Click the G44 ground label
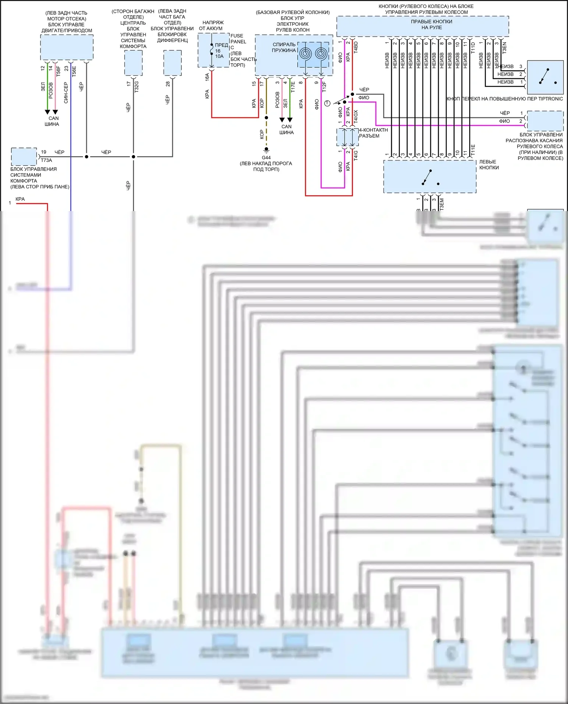[266, 158]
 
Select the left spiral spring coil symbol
[306, 53]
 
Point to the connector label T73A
[46, 160]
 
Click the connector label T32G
[137, 87]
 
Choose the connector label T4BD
[356, 47]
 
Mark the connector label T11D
[473, 47]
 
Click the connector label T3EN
[504, 47]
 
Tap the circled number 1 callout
[328, 103]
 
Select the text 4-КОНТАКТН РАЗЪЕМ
[373, 133]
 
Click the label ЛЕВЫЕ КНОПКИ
[489, 165]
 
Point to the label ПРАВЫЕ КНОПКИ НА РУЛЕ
[431, 25]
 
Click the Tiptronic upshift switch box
[545, 77]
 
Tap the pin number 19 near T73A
[44, 152]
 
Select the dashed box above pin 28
[172, 63]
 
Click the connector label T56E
[74, 71]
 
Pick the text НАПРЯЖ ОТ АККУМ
[211, 25]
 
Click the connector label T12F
[324, 87]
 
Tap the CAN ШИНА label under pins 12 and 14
[52, 121]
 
